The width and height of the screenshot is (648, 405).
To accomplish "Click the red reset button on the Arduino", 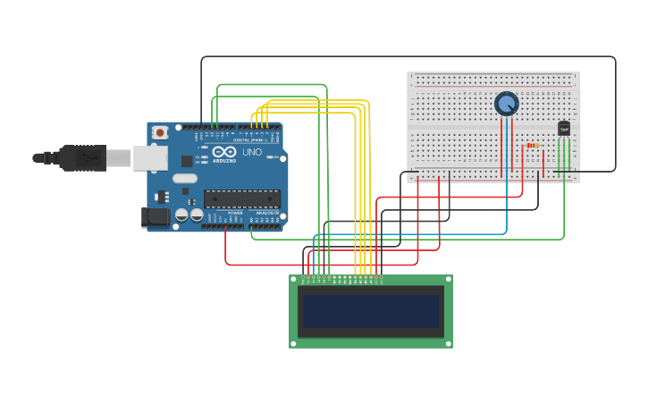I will point(160,132).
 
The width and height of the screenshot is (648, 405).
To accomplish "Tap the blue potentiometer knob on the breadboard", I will point(507,104).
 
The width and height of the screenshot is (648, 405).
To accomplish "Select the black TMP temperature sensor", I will point(564,129).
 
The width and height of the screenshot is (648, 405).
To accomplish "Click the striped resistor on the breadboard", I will point(533,145).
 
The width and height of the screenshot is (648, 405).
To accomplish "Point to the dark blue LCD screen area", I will point(371,312).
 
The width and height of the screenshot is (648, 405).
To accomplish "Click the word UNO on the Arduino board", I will point(252,152).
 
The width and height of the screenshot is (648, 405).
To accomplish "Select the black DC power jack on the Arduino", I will point(156,216).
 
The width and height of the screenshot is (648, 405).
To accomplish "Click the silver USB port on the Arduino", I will point(149,158).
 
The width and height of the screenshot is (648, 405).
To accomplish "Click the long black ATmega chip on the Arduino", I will point(241,198).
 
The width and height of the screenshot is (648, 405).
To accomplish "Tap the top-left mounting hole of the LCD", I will point(294,280).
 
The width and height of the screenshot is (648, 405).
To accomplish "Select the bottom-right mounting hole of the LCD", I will point(448,343).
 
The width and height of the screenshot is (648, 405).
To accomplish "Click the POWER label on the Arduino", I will point(234,213).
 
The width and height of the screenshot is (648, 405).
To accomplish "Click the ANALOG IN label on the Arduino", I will point(266,213).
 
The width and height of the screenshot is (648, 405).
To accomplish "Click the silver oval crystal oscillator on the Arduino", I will point(184,178).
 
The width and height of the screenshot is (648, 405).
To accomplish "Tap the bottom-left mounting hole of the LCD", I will point(294,343).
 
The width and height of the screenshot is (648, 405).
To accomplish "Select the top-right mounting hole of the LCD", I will point(448,280).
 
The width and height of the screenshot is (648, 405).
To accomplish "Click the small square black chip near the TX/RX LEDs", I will point(187,161).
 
